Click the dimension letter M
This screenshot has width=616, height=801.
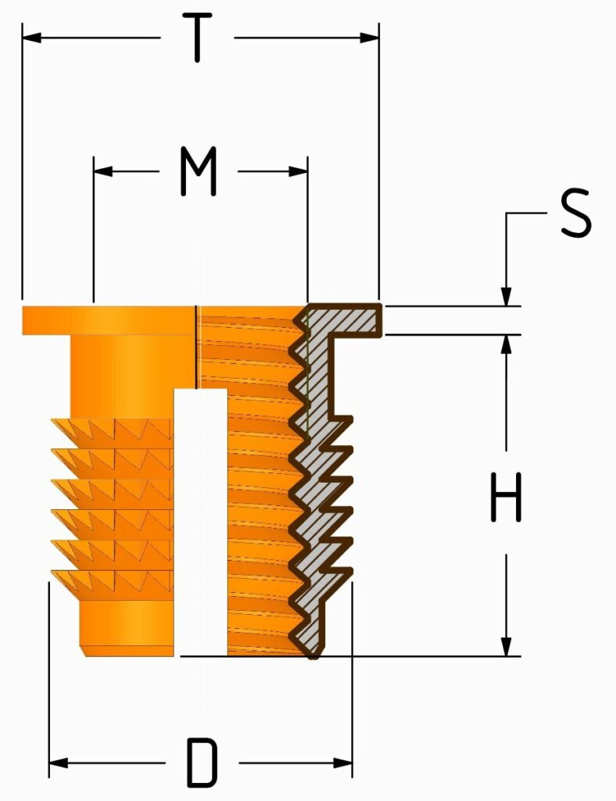pos(199,171)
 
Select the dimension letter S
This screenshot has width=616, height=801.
pos(575,213)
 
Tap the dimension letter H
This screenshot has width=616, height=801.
pos(506,497)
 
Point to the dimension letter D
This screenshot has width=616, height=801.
pos(202,763)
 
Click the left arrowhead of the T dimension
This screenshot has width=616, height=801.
pos(31,38)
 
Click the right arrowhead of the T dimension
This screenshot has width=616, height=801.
pos(369,38)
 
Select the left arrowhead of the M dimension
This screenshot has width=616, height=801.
pos(103,171)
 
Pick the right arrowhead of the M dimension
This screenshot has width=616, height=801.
pos(298,171)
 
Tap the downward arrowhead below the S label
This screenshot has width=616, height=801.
pos(506,296)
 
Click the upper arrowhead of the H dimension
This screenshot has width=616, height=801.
pos(506,344)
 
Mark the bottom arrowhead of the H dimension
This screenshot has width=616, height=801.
pos(506,646)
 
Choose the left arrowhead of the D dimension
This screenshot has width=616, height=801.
pos(58,763)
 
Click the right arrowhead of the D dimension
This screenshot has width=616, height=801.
pos(342,763)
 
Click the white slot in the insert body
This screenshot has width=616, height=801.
pos(201,521)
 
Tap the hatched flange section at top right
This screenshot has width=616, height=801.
pos(345,320)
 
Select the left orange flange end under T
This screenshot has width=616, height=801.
pos(46,320)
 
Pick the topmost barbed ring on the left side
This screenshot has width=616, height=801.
pos(113,433)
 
